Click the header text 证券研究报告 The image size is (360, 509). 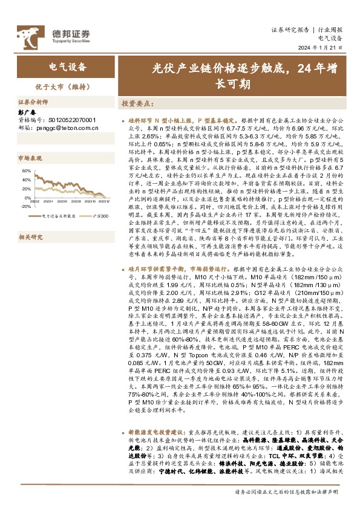290,29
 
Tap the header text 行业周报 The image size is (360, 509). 330,29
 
